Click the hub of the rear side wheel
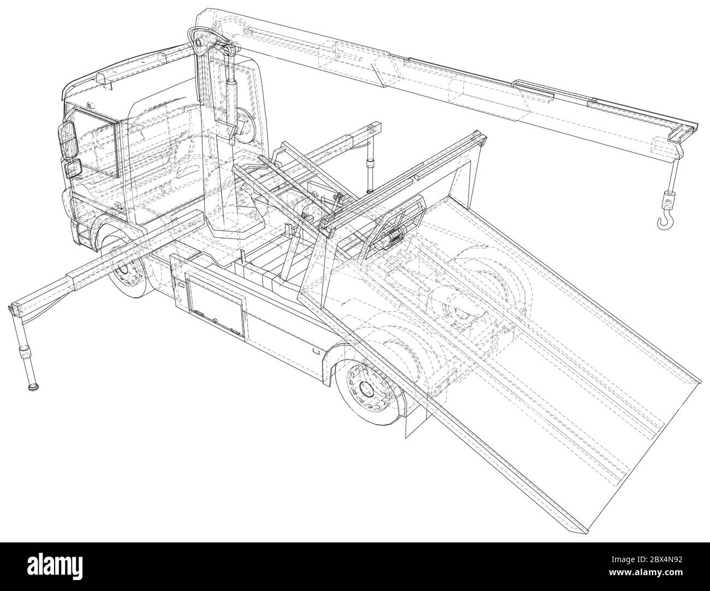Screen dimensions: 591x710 click(365, 389)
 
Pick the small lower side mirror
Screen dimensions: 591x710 click(73, 168)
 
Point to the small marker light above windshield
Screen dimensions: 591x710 click(90, 105)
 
